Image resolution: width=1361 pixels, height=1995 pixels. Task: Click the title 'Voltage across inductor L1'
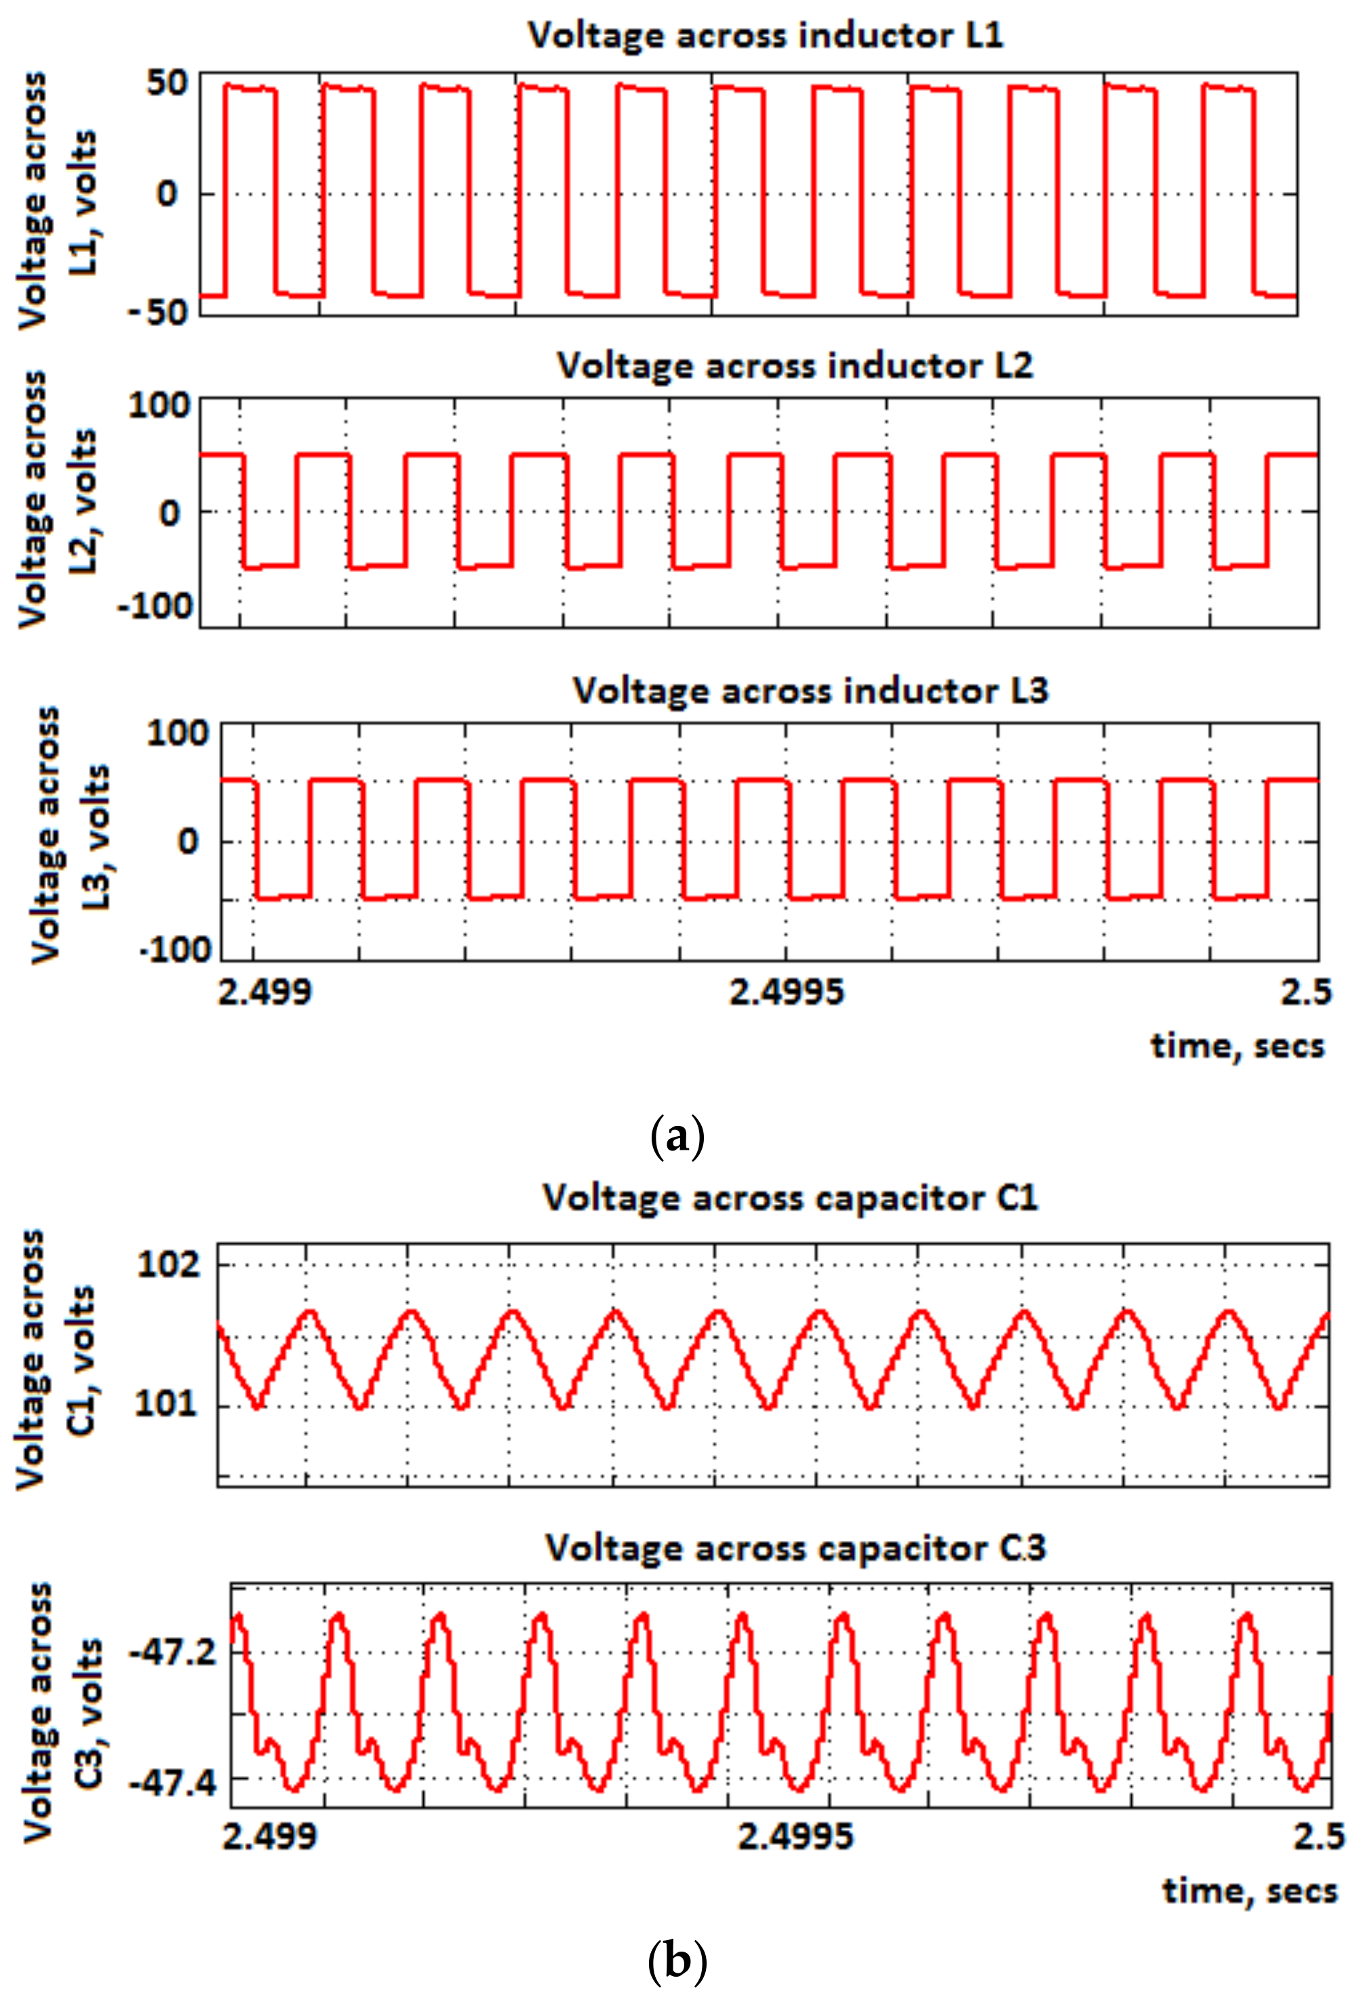[x=765, y=36]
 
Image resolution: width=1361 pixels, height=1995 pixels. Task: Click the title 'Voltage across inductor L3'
[x=810, y=691]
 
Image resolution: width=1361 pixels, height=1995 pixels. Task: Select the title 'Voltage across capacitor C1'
[x=790, y=1198]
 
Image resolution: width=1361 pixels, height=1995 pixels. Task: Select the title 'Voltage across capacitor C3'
[x=795, y=1548]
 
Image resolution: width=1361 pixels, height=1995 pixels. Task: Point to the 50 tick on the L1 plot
[x=167, y=83]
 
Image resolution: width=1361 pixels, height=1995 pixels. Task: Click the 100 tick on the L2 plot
[x=161, y=405]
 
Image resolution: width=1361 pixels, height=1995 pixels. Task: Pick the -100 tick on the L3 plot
[x=175, y=950]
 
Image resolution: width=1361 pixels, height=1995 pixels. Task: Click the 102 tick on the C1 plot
[x=169, y=1264]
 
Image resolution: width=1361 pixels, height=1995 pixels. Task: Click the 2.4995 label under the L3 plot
[x=787, y=993]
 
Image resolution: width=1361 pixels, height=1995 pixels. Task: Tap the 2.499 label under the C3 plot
[x=271, y=1836]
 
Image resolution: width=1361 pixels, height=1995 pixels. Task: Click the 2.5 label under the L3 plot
[x=1306, y=993]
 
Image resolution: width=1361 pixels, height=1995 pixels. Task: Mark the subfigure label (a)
[x=678, y=1137]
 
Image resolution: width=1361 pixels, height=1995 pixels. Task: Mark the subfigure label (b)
[x=678, y=1960]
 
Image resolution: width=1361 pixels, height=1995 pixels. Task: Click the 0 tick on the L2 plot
[x=170, y=513]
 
